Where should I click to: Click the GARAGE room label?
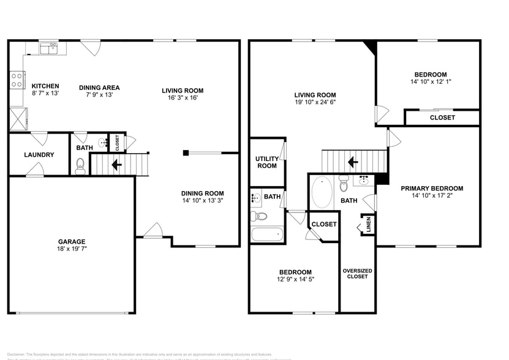72,241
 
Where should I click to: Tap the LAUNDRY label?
39,155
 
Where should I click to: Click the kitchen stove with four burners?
17,80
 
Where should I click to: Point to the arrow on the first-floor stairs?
116,164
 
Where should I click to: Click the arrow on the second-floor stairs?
353,162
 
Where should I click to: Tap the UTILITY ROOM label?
266,162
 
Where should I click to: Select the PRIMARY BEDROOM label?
432,189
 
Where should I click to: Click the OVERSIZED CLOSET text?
357,274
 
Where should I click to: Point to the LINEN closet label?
369,225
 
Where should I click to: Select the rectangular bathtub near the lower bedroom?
267,234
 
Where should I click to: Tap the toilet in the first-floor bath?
80,166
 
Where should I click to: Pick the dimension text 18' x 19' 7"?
72,249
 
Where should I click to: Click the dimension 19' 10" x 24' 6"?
315,102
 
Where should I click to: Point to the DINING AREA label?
99,88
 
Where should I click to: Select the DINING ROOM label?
202,193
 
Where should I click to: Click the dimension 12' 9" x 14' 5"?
295,280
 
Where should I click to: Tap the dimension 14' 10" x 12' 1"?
431,81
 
